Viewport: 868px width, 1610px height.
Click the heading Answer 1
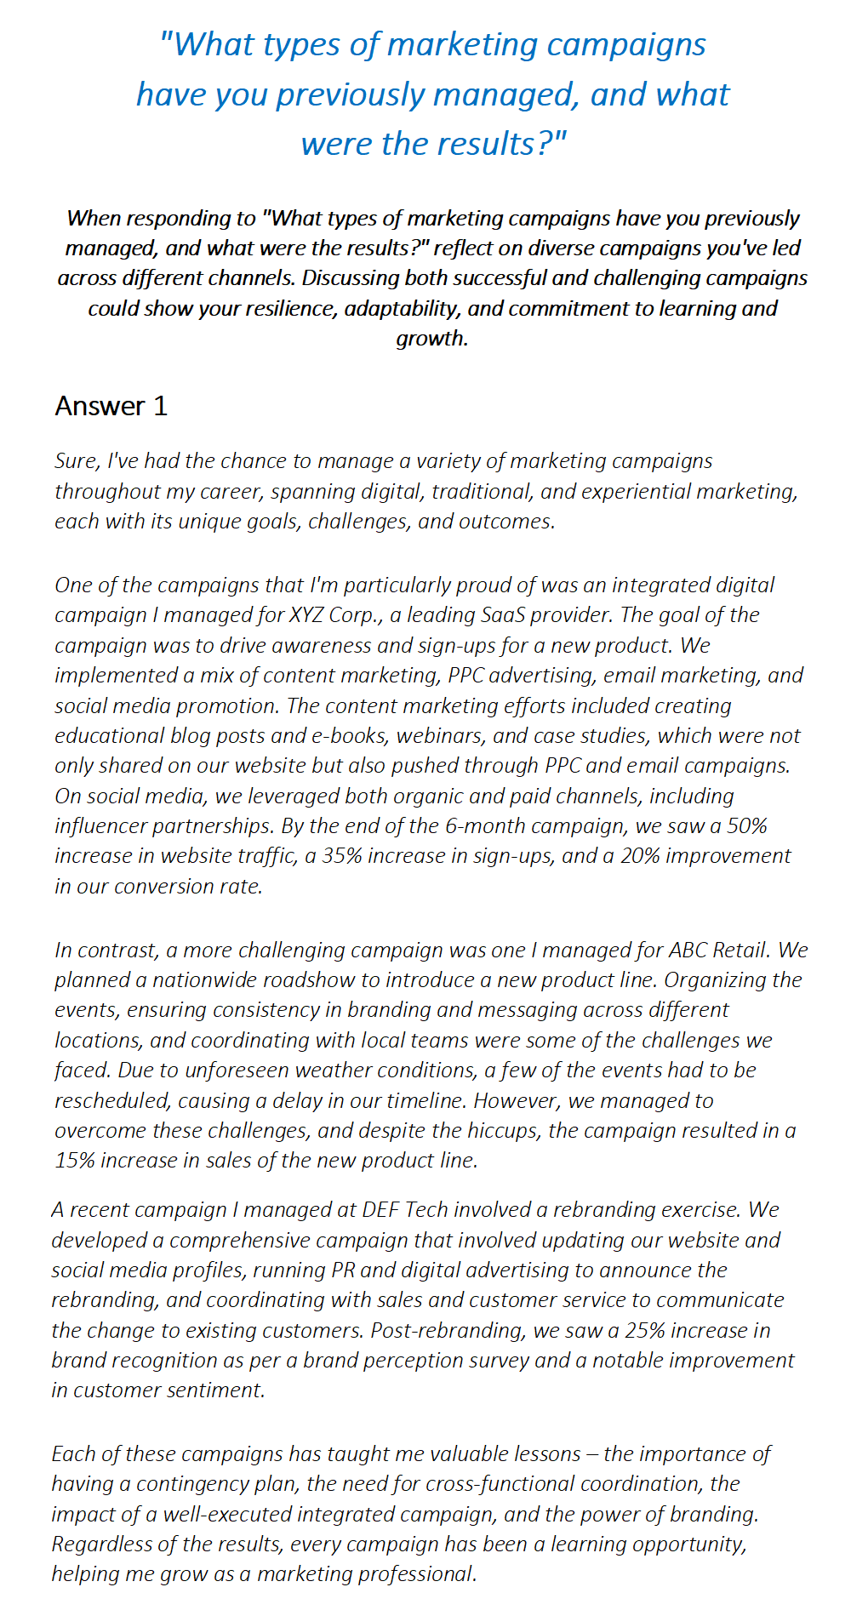111,406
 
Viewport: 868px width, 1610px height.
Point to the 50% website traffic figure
747,826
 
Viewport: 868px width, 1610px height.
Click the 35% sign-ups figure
341,856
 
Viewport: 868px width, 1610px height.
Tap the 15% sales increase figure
74,1161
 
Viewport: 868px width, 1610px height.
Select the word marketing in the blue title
463,44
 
